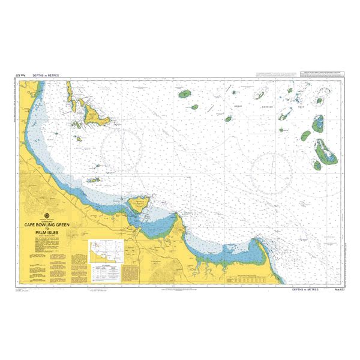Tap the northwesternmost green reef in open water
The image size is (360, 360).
click(x=185, y=94)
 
